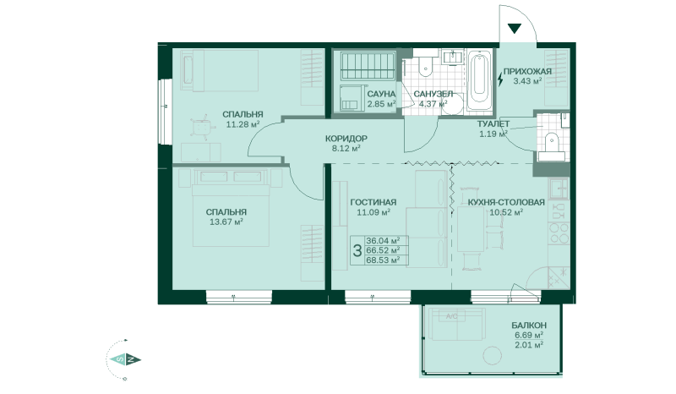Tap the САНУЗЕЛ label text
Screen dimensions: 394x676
coord(433,94)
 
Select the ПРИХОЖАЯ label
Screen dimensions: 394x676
coord(527,71)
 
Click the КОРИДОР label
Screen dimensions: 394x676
coord(346,137)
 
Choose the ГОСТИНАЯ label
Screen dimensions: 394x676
coord(372,202)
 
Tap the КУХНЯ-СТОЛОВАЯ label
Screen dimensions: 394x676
coord(505,202)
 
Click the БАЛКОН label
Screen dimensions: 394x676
coord(529,326)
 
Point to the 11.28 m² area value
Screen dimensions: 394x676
coord(241,123)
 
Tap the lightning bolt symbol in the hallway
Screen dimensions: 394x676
coord(501,80)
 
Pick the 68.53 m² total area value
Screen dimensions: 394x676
coord(382,260)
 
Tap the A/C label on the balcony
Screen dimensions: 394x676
coord(451,317)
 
